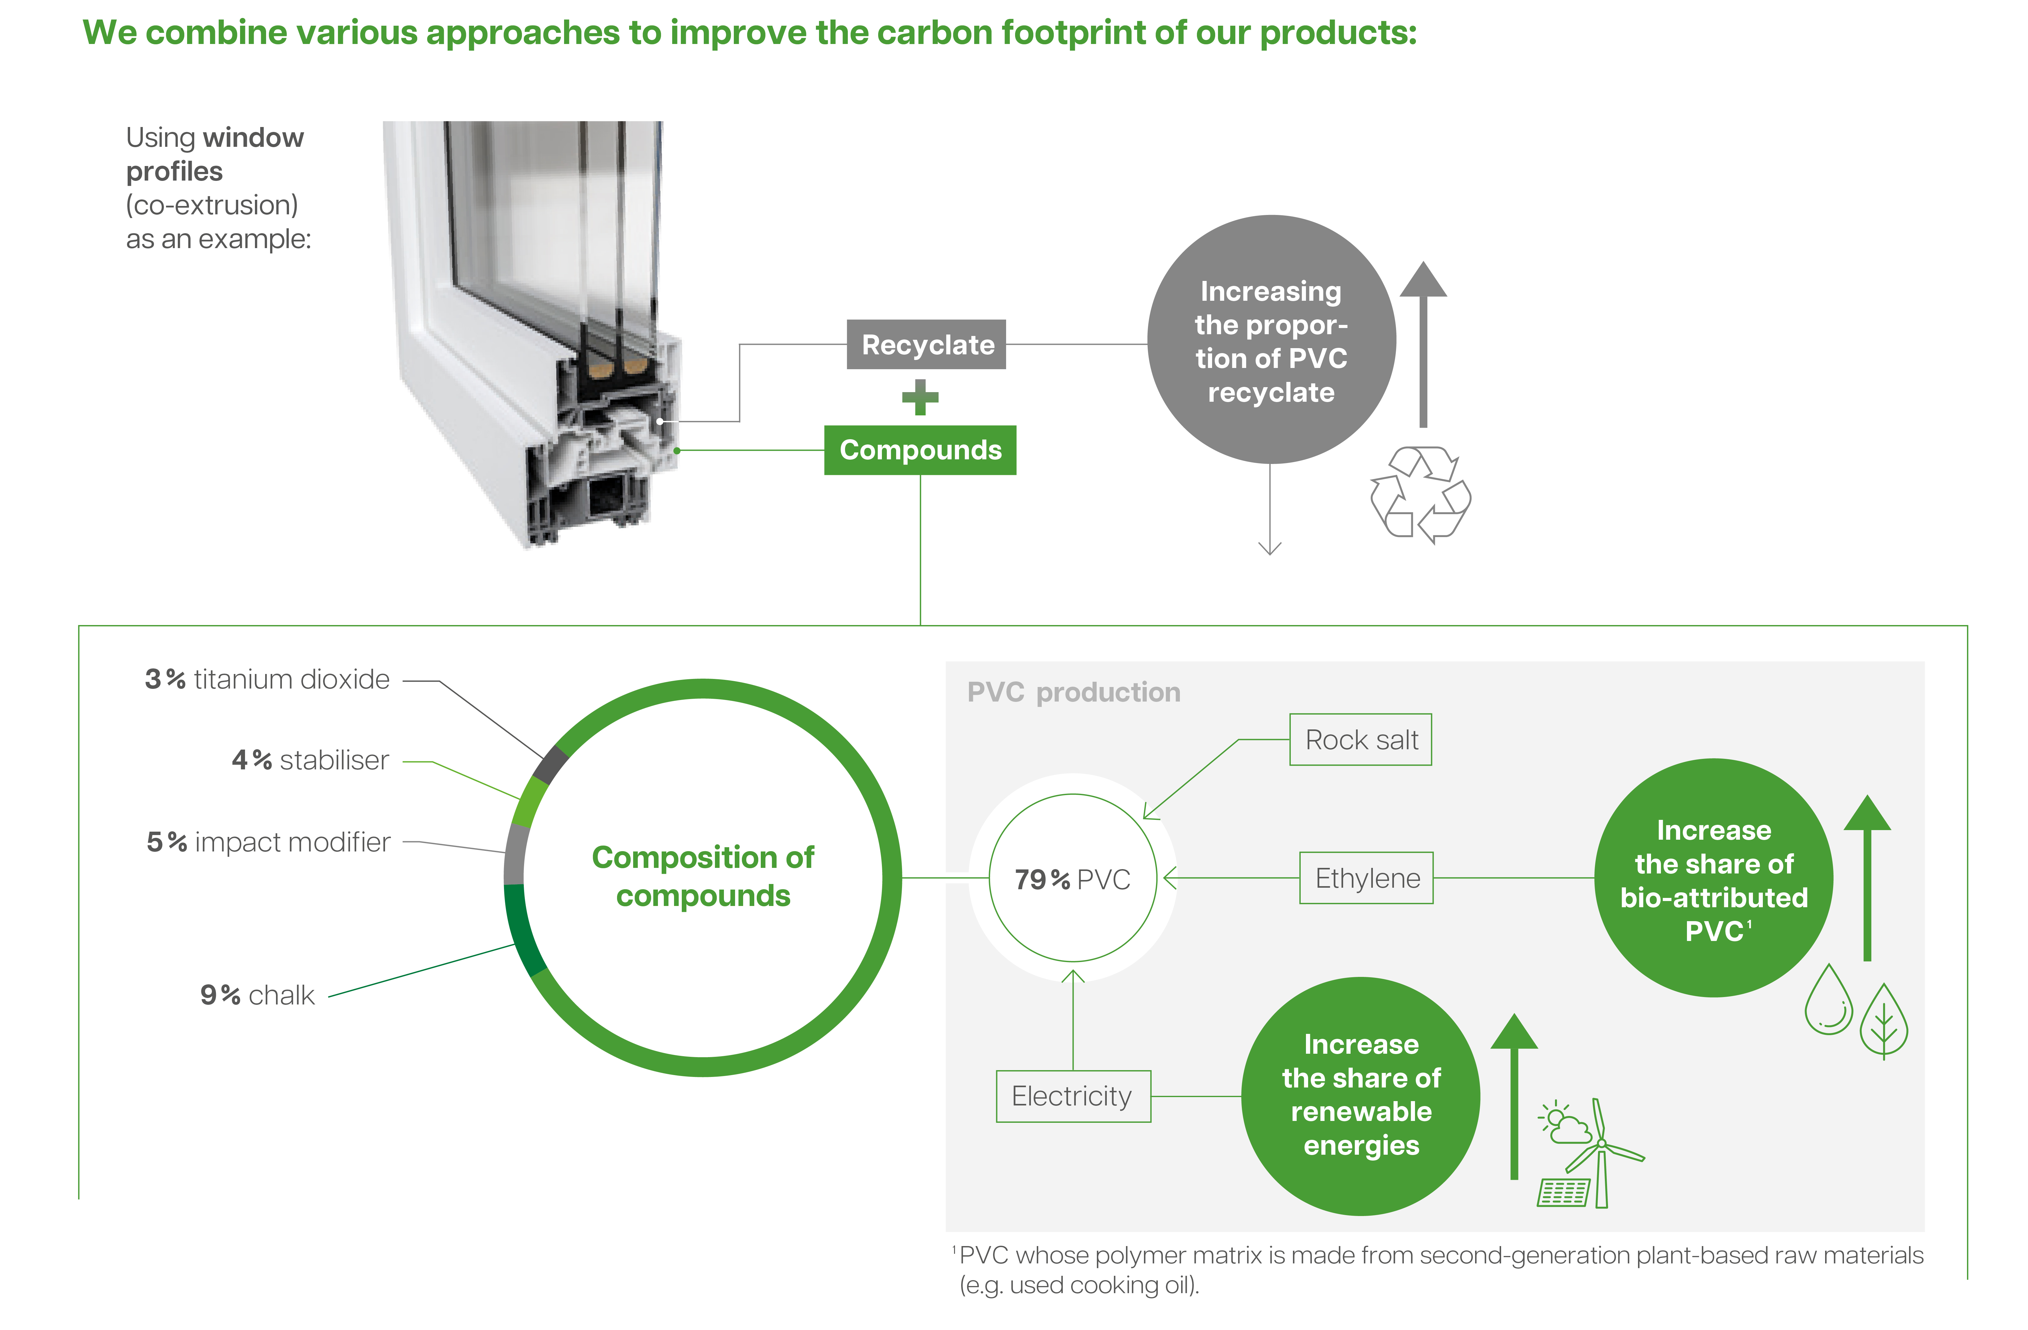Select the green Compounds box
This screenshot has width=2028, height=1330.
920,450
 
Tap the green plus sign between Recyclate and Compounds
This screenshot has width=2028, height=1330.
920,397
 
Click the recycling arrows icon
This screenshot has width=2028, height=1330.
1421,494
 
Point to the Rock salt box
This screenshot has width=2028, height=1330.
1361,740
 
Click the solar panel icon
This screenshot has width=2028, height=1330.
1564,1192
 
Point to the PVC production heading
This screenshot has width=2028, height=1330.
1074,692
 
